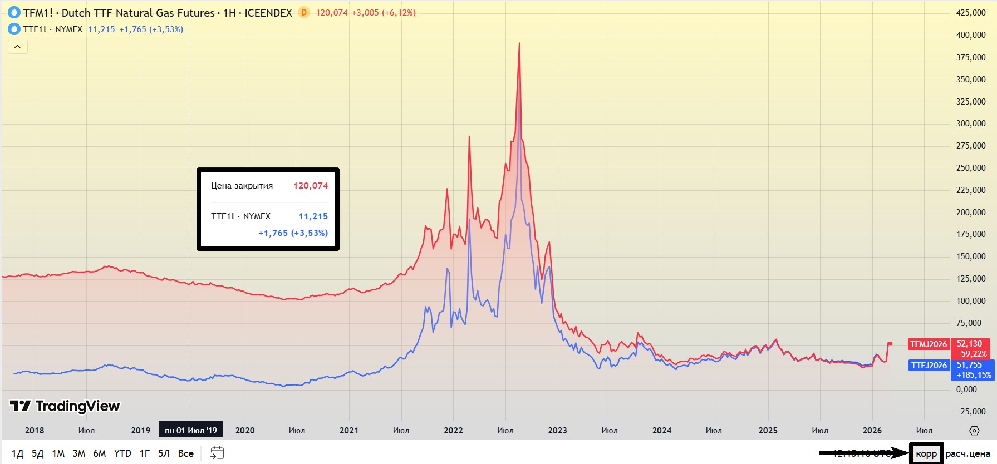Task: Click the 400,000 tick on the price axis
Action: [x=971, y=35]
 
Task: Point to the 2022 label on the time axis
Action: [x=453, y=430]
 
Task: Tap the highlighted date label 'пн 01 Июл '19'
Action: [x=191, y=430]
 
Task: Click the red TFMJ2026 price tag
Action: [x=928, y=344]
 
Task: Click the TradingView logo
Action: [x=65, y=406]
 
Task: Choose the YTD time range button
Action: [x=122, y=453]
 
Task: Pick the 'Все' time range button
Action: [x=186, y=453]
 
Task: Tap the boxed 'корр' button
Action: [x=926, y=453]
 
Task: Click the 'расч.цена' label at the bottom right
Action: [x=967, y=453]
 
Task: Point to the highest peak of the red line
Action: [x=519, y=43]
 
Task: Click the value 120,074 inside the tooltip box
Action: [x=311, y=186]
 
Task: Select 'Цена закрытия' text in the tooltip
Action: [x=242, y=186]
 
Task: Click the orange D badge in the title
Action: [x=303, y=12]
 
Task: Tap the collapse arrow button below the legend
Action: [x=17, y=47]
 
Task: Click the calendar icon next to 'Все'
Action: [x=217, y=453]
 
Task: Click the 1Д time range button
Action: [x=17, y=453]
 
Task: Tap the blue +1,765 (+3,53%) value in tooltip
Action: [x=293, y=233]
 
